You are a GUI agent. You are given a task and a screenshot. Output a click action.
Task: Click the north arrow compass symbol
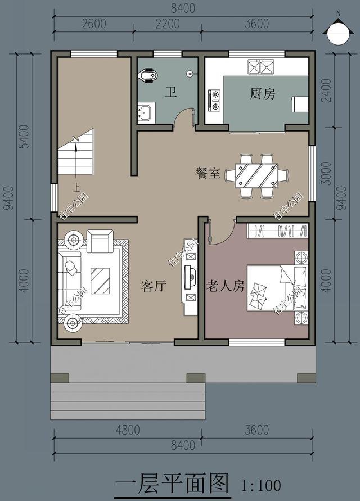[337, 30]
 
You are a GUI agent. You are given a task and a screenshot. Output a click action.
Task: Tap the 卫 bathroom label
[169, 93]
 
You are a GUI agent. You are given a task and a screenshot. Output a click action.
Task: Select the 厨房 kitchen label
[262, 94]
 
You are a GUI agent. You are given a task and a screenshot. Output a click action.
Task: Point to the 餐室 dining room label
[207, 174]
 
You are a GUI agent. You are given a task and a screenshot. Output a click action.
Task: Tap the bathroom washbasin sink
[146, 112]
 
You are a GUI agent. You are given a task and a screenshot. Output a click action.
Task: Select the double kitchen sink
[260, 67]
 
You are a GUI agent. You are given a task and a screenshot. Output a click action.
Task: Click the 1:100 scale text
[260, 484]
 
